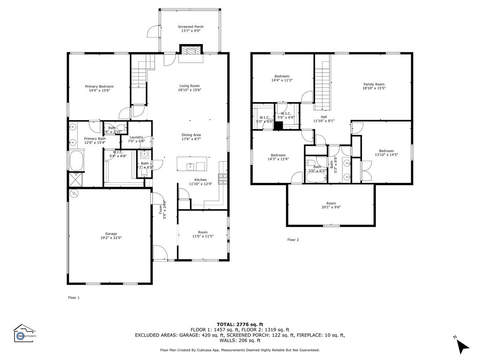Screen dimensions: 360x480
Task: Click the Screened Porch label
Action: (x=190, y=27)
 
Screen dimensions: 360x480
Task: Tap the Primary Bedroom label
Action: (x=99, y=86)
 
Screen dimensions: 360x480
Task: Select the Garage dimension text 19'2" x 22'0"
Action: (x=111, y=238)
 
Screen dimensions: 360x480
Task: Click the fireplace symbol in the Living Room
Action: (x=191, y=51)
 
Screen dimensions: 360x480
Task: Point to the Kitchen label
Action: (x=200, y=180)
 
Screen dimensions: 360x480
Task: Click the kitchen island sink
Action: (x=190, y=166)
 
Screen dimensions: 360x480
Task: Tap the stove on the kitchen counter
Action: (x=222, y=178)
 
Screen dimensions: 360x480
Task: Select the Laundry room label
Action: (x=136, y=137)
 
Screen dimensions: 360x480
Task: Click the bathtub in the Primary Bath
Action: (x=76, y=161)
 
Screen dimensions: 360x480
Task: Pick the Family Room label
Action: (x=374, y=84)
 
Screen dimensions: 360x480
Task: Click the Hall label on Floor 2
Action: (x=323, y=117)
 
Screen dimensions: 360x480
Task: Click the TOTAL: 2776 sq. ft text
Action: (x=240, y=324)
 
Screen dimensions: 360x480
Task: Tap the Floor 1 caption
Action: (x=74, y=298)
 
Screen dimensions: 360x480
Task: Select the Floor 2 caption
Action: (x=292, y=240)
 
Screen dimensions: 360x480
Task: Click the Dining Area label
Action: (x=191, y=135)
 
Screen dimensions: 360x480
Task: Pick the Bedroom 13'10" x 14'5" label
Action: (x=386, y=151)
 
